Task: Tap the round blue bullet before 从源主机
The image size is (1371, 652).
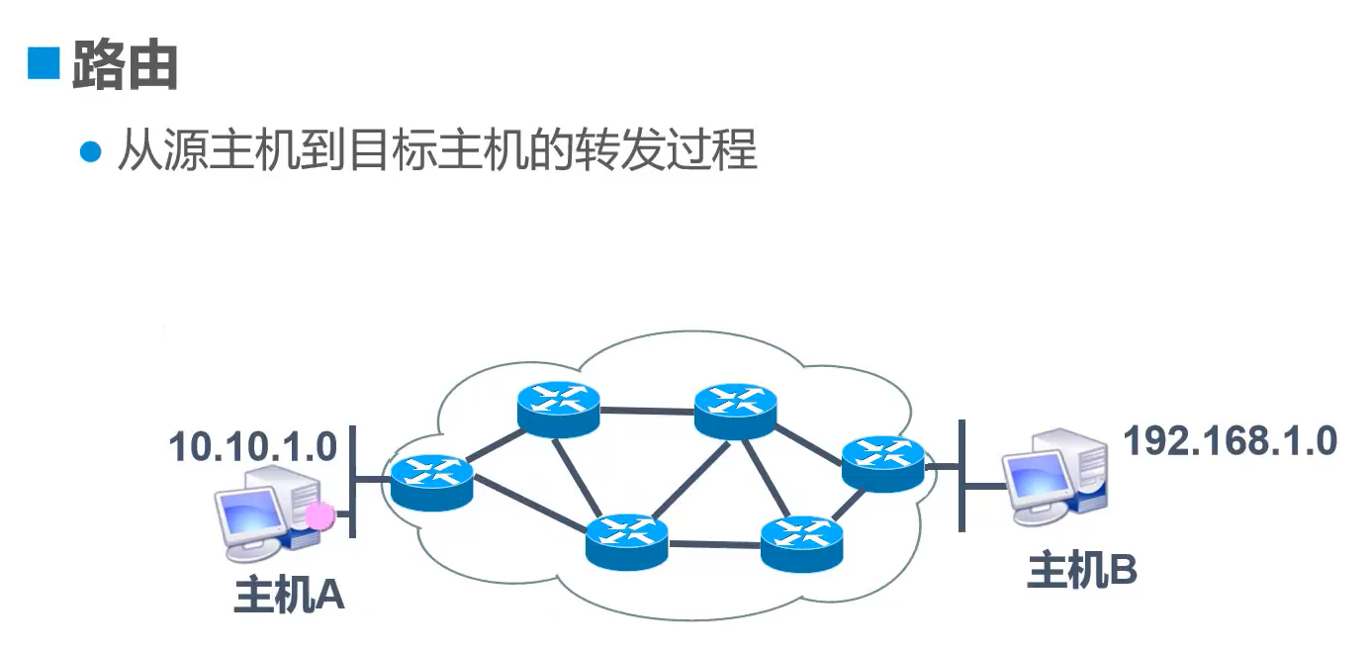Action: (91, 152)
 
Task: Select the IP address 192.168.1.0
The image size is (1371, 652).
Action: (1231, 441)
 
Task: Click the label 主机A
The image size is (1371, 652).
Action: (289, 595)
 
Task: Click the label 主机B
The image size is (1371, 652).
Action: (1082, 570)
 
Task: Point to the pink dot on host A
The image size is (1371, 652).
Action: (320, 514)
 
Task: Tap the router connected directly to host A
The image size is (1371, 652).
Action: (431, 482)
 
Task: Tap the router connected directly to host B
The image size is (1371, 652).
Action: (882, 461)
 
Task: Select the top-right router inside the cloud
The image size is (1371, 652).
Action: (735, 411)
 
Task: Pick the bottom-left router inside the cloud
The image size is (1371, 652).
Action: (626, 540)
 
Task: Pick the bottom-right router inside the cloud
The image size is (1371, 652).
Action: (801, 542)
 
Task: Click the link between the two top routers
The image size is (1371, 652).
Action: (647, 410)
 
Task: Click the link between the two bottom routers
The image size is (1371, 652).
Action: (714, 542)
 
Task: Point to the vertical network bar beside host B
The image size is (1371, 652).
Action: (960, 474)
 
